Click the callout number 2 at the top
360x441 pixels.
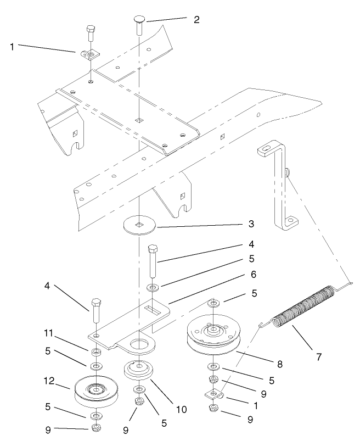point(196,20)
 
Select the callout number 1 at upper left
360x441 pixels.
point(12,47)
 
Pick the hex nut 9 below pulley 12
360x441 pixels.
point(95,427)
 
